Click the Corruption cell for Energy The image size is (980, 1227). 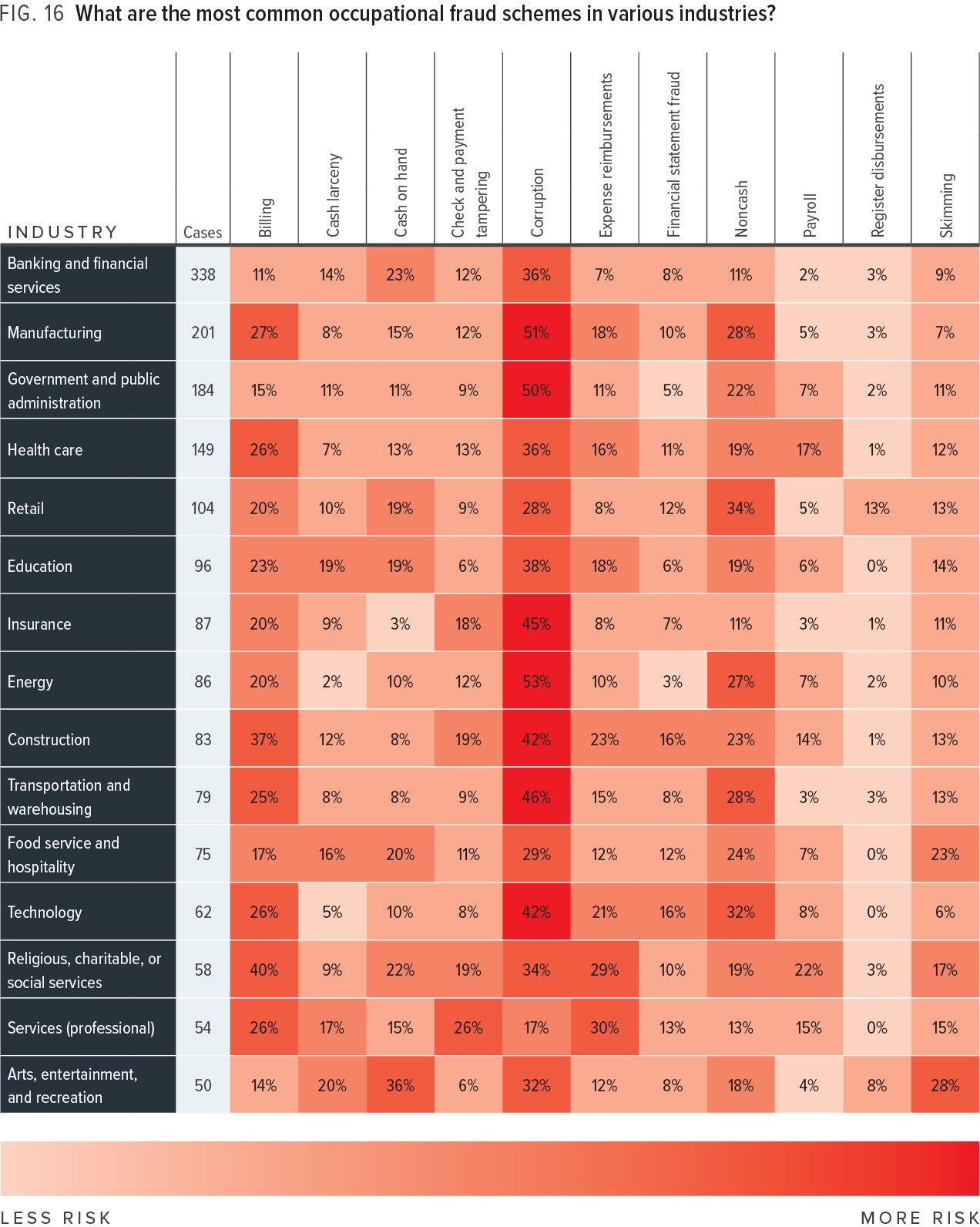point(536,681)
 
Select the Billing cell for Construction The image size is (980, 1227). point(263,739)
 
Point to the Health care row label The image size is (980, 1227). point(45,449)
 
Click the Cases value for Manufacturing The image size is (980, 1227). point(203,332)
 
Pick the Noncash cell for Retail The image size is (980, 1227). point(740,508)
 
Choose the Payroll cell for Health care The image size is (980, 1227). point(808,449)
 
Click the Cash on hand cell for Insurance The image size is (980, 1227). point(400,624)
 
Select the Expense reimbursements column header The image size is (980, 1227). point(606,155)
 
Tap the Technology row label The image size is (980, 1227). point(45,912)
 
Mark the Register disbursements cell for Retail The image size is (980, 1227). point(877,508)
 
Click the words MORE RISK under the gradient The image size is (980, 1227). point(919,1217)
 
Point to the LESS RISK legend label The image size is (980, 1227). point(56,1217)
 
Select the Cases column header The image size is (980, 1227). point(203,232)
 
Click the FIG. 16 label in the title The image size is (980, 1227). point(32,13)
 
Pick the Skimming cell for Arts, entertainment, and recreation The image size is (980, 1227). point(945,1085)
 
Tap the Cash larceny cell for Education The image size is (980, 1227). point(332,566)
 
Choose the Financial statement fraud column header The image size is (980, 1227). point(673,154)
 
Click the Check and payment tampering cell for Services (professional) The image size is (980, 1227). point(468,1027)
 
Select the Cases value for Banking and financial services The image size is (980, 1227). point(203,274)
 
